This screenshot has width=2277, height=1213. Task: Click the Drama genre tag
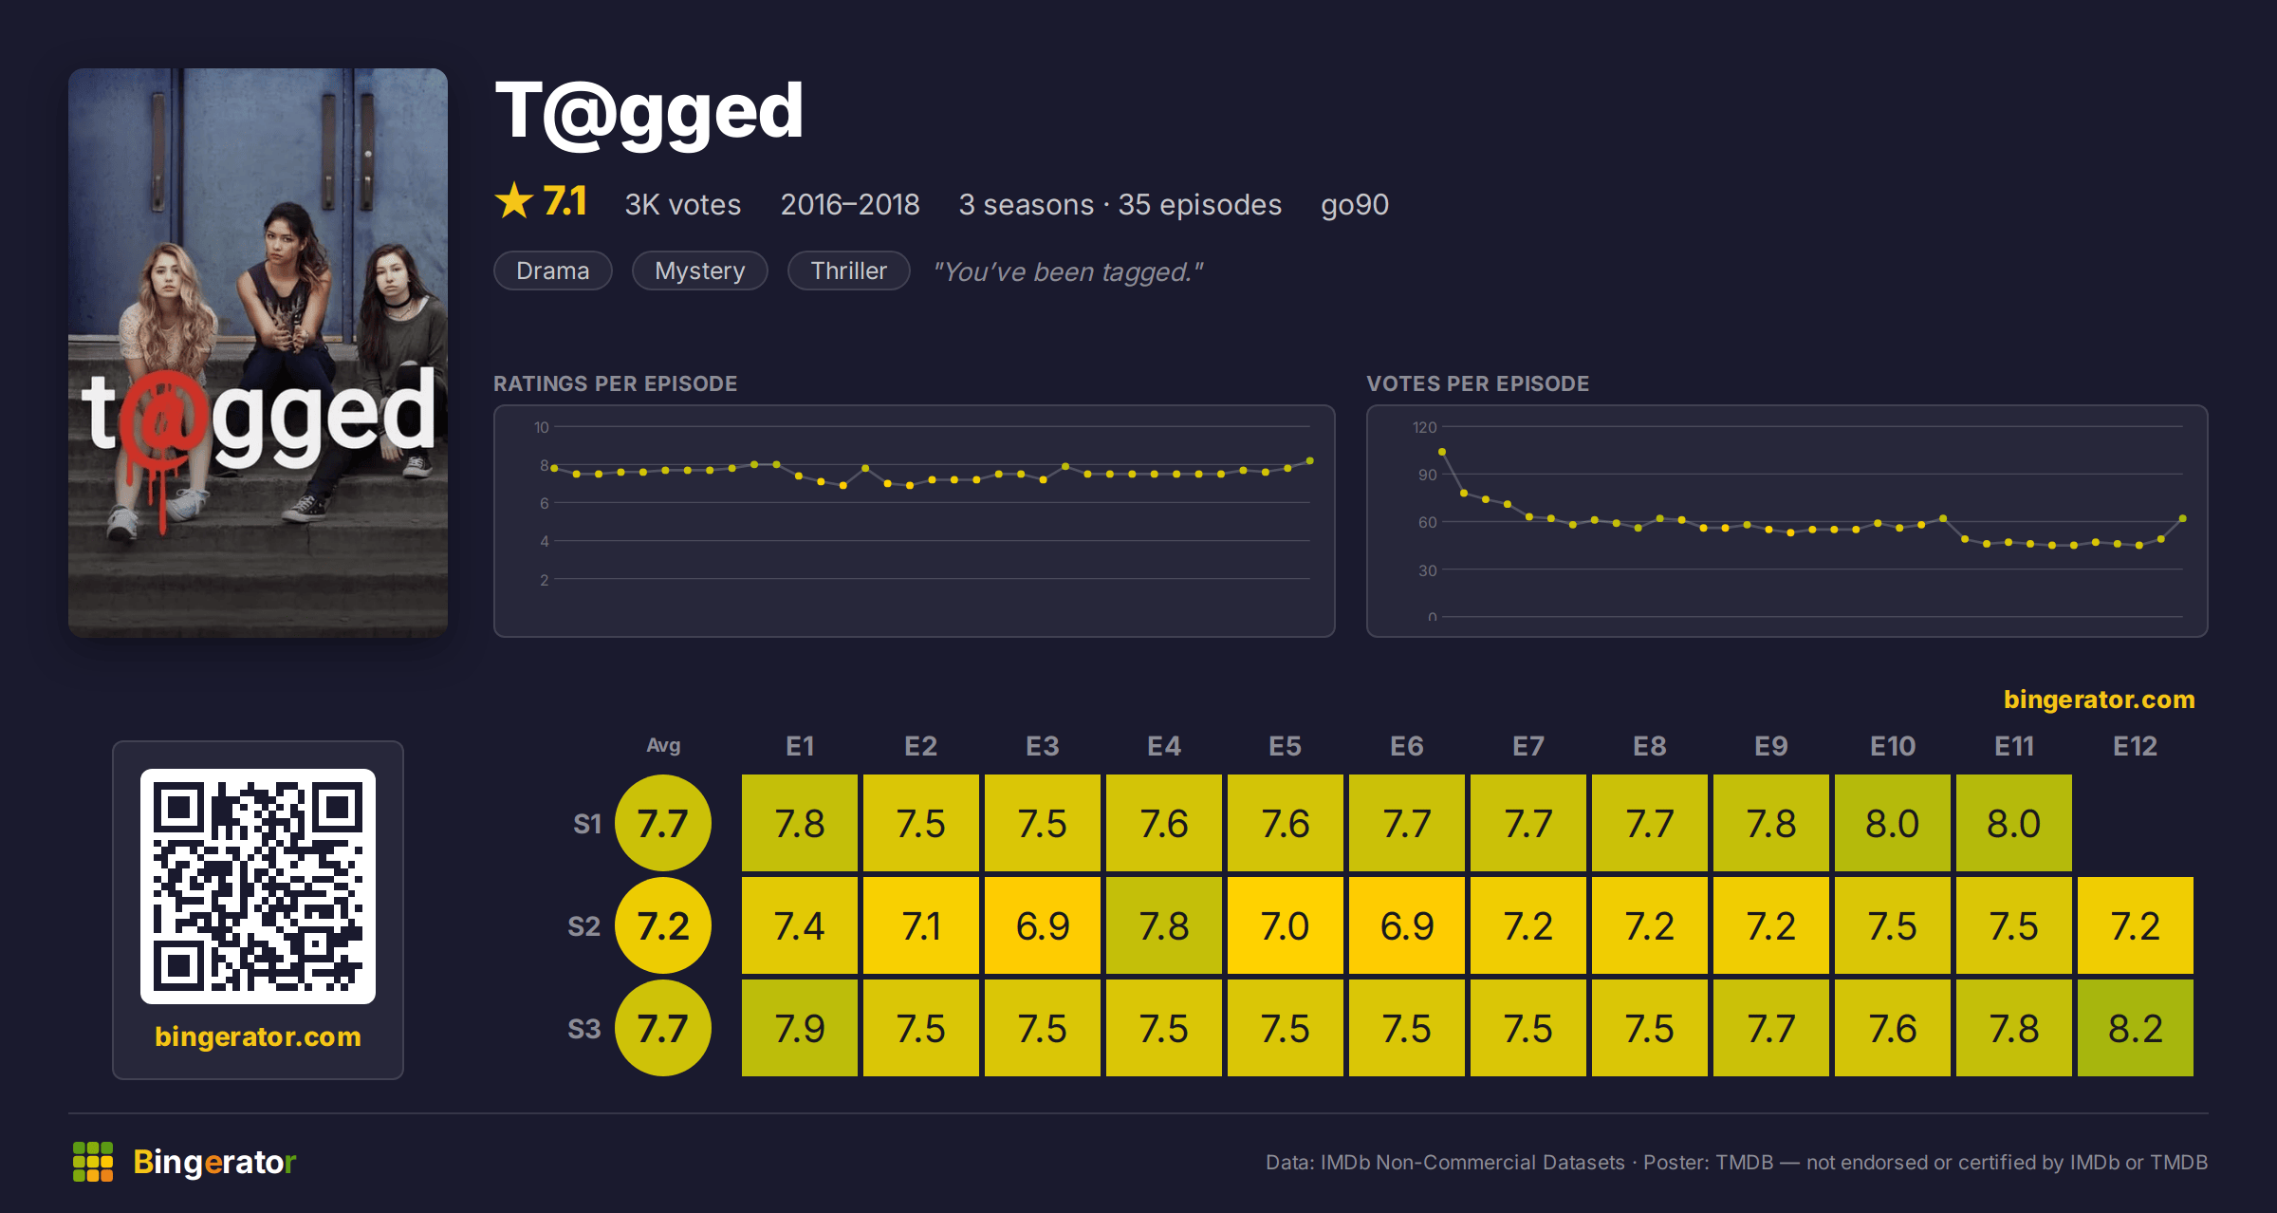(553, 271)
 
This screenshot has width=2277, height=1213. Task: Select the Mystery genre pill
(700, 271)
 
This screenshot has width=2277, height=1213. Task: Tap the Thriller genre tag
(848, 271)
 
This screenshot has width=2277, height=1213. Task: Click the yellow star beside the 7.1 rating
(514, 201)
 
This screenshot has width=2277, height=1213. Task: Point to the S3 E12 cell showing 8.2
(2136, 1028)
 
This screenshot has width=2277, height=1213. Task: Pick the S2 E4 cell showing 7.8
(1164, 925)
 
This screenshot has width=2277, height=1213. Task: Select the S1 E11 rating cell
(2014, 823)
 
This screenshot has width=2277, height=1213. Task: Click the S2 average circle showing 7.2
(663, 925)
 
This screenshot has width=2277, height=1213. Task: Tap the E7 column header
(1528, 746)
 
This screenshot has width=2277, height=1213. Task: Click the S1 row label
(587, 824)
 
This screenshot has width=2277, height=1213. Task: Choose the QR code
(258, 886)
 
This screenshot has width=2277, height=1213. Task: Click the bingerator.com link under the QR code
(258, 1036)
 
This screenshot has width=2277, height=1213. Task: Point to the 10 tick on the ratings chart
(542, 427)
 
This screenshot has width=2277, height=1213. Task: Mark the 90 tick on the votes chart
(1428, 475)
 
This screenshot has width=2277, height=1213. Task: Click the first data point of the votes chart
(1442, 452)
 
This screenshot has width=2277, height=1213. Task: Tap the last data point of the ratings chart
(1310, 461)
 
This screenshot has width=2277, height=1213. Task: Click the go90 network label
(1355, 205)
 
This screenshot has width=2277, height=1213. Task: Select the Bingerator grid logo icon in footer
(93, 1162)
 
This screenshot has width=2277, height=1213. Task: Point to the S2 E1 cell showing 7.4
(800, 925)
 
